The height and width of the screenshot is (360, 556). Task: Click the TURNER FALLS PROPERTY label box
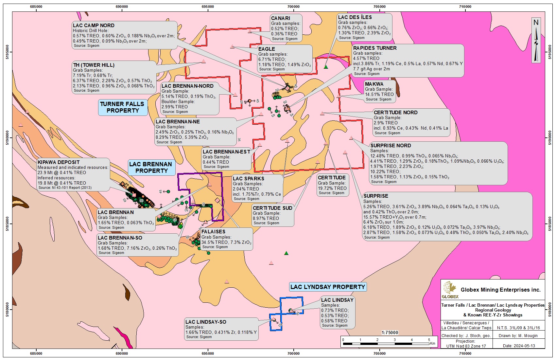pos(122,107)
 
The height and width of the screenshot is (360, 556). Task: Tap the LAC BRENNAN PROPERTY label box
pos(150,167)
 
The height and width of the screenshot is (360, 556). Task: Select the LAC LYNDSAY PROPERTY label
pos(327,287)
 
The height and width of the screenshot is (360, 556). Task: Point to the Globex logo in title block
pos(450,290)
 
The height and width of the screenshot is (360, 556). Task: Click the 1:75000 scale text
pos(390,333)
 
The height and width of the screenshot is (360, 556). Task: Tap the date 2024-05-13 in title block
pos(523,346)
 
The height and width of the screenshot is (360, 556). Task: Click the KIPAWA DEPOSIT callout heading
pos(59,162)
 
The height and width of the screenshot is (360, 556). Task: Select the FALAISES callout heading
pos(213,232)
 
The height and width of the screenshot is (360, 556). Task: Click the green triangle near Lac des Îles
pos(326,67)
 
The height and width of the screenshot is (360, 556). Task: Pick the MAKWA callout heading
pos(374,84)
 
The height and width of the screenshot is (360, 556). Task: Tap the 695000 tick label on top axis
pos(208,7)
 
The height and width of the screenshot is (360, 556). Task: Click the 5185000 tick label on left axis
pos(7,224)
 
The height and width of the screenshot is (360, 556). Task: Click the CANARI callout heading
pos(281,18)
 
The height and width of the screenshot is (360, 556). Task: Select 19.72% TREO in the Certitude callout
pos(332,188)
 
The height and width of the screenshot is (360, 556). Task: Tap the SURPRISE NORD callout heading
pos(391,146)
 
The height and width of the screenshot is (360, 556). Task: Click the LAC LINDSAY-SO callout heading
pos(206,322)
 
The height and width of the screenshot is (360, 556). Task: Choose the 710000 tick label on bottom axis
pos(465,353)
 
